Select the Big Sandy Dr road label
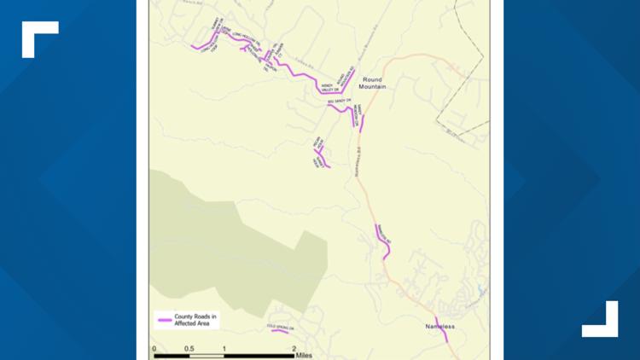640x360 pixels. tap(340, 102)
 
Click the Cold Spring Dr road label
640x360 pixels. tap(279, 326)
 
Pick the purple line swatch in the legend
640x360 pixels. tap(166, 320)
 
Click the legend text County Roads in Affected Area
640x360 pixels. tap(195, 320)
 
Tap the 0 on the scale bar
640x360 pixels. tap(154, 349)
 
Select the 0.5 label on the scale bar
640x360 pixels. tap(189, 349)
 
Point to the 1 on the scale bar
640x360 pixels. tap(224, 349)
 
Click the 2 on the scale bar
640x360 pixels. tap(294, 349)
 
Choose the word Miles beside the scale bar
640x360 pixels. tap(305, 354)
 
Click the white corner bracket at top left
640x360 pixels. tap(38, 38)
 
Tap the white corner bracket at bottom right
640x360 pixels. tap(601, 320)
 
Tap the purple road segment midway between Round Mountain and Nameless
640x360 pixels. tap(382, 241)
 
